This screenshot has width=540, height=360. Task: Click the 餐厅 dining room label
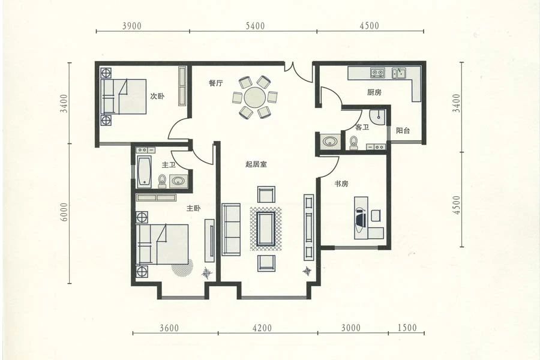[215, 83]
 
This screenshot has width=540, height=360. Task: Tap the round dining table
[255, 97]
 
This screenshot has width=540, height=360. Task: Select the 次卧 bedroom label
[157, 96]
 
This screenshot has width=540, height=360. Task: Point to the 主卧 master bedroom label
[194, 208]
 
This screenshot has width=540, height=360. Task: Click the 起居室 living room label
[256, 164]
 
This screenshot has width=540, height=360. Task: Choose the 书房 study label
[341, 184]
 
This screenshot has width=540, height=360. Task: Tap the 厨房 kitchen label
[374, 92]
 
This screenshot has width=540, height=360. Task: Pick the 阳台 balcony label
[403, 131]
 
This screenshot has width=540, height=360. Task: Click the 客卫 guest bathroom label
[362, 127]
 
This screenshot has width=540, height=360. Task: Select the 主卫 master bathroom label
[169, 164]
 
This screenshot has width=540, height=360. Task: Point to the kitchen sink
[399, 73]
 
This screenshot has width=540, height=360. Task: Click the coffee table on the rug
[266, 229]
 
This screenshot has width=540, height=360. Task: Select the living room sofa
[231, 229]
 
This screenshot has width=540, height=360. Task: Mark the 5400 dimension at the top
[255, 26]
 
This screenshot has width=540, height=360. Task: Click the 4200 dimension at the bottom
[262, 328]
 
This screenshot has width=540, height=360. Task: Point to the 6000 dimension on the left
[64, 212]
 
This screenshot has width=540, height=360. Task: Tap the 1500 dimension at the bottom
[407, 327]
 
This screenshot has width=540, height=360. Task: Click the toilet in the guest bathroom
[353, 143]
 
